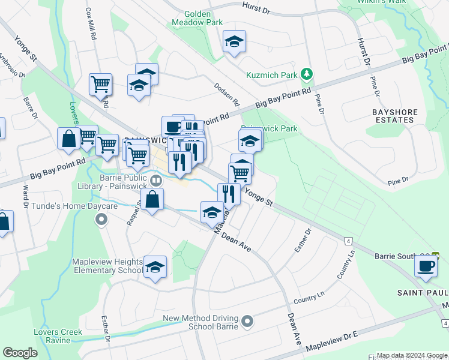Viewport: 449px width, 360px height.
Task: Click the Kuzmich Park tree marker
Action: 307,74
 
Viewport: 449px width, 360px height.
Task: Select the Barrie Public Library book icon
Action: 156,179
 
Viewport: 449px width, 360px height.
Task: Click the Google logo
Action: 20,352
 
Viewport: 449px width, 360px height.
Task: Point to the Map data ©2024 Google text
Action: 412,355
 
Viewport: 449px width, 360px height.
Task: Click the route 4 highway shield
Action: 348,241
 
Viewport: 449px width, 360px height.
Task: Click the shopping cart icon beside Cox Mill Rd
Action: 100,84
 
